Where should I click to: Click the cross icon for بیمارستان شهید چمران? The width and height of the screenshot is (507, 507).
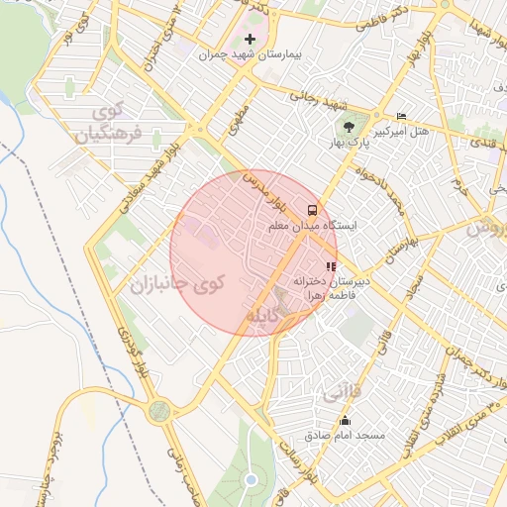coord(250,39)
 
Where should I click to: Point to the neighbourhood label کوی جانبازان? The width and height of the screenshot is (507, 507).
coord(176,283)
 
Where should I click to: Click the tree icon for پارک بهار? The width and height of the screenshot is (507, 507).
coord(348,126)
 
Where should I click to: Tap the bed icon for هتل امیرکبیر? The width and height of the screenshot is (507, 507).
coord(401,116)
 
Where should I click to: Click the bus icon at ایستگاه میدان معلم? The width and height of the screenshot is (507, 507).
coord(313,210)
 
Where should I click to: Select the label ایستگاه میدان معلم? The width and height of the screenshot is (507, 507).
coord(306,227)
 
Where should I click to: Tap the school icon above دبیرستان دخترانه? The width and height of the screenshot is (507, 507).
coord(331,265)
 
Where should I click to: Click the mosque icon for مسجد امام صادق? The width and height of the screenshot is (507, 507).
coord(345,422)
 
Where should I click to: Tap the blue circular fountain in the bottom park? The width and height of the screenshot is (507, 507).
coord(251,480)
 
